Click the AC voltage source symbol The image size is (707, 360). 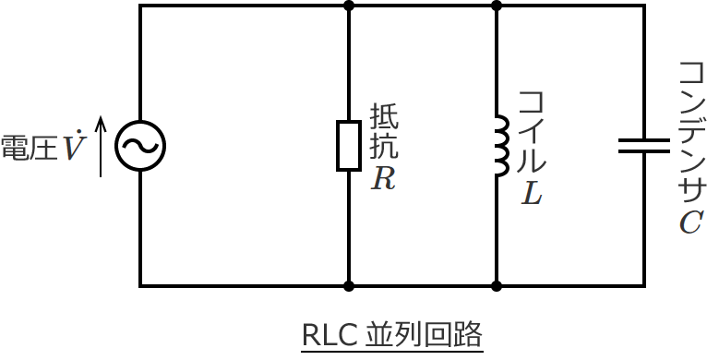140,146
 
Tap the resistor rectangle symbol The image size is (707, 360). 348,145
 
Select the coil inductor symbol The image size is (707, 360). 500,146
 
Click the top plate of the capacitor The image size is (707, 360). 643,140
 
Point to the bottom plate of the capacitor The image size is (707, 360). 643,150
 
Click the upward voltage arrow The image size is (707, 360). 102,146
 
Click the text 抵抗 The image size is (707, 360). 384,132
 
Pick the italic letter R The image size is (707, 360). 383,179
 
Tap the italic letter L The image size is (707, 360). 532,193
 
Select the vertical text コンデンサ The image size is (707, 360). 690,133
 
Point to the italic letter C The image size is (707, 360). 690,222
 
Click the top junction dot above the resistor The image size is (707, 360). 348,6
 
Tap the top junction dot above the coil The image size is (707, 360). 497,6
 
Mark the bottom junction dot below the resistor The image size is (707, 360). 348,286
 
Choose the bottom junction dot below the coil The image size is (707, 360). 497,286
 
